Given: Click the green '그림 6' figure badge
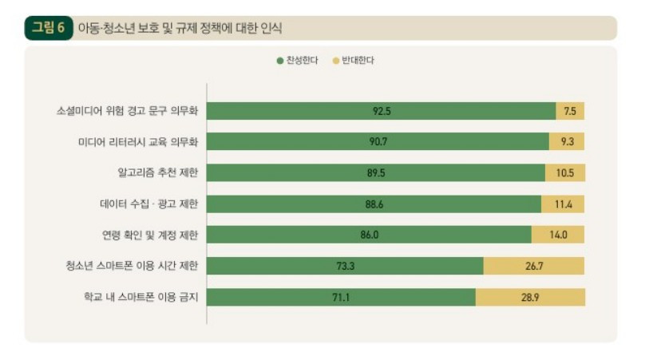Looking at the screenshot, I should [48, 28].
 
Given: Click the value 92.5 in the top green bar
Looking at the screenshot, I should [382, 111].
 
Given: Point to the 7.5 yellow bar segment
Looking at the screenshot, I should [570, 111].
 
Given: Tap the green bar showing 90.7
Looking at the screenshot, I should [379, 142].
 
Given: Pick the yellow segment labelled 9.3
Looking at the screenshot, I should [567, 142].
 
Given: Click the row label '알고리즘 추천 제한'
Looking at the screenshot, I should [157, 173].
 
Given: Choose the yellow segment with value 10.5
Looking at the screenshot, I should [565, 173].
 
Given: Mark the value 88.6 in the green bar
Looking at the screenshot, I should [375, 204].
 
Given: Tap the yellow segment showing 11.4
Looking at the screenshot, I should [564, 204].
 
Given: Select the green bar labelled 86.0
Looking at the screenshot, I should [370, 235].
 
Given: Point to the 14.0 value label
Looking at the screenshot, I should [558, 235].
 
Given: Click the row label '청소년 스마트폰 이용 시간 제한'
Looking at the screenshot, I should [133, 266].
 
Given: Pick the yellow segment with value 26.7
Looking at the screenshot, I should [534, 266].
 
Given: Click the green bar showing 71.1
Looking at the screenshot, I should [342, 297].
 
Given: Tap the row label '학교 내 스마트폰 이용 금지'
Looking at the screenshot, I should [141, 297].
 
